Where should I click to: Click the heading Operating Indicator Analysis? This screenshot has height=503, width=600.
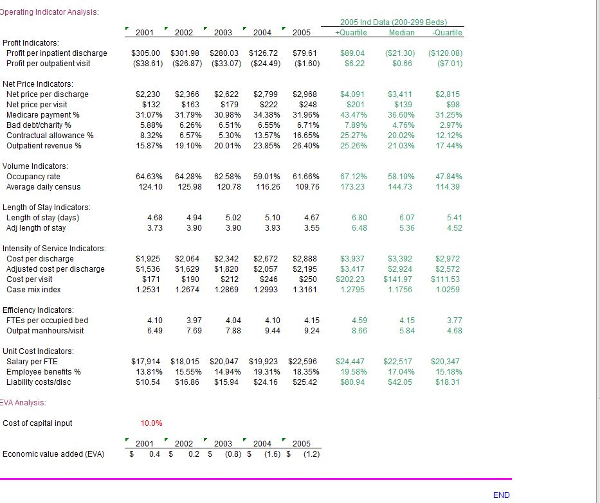point(50,13)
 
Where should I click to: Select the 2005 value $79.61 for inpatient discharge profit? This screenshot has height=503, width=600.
point(305,53)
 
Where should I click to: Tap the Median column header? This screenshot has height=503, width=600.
point(402,33)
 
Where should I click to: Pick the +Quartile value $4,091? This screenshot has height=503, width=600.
point(352,94)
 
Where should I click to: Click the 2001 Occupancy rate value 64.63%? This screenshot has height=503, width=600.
point(149,177)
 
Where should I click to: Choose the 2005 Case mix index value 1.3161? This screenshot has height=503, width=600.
point(305,290)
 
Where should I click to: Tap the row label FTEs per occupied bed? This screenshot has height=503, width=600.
point(47,321)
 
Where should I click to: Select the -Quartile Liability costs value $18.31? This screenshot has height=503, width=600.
point(448,382)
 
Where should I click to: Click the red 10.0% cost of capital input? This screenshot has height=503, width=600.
point(151,423)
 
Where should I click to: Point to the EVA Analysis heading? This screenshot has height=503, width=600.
point(23,403)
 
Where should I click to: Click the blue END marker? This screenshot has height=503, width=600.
point(501,495)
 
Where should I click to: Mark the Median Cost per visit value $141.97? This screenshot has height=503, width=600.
point(399,279)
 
